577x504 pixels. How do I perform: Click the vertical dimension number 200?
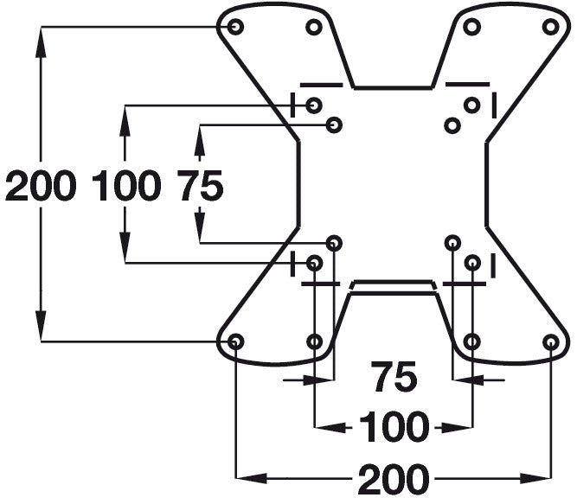point(40,186)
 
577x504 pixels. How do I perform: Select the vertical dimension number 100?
point(126,186)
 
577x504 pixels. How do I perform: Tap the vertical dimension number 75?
point(201,186)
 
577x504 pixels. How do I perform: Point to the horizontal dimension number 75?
point(394,377)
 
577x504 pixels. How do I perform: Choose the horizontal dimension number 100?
point(394,426)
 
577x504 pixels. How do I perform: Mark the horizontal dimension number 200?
point(394,477)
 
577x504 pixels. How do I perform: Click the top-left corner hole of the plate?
point(235,27)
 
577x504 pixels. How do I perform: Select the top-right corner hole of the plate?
point(551,27)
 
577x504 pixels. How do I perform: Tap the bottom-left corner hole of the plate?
point(235,341)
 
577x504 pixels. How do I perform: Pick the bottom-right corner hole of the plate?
point(551,341)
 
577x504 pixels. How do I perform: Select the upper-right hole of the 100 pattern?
point(471,105)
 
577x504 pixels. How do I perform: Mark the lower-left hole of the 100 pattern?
point(314,262)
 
